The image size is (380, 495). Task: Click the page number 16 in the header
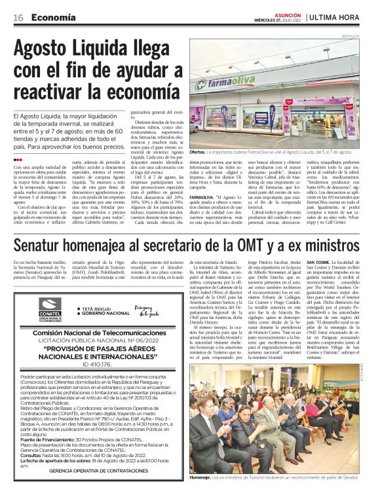(18, 18)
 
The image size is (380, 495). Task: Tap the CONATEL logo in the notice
(50, 308)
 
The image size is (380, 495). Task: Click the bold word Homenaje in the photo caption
(200, 478)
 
